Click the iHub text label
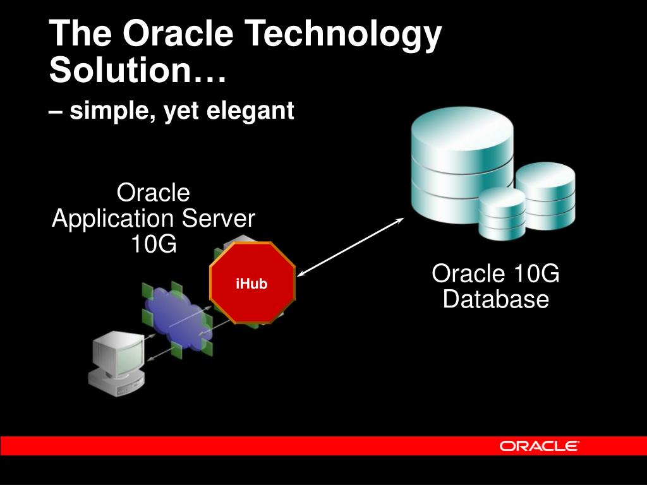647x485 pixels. pos(252,284)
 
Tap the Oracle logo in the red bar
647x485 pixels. pos(539,446)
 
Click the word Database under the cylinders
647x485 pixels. pos(495,299)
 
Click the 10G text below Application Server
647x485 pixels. pos(154,244)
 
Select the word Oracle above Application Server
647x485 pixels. pos(154,193)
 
